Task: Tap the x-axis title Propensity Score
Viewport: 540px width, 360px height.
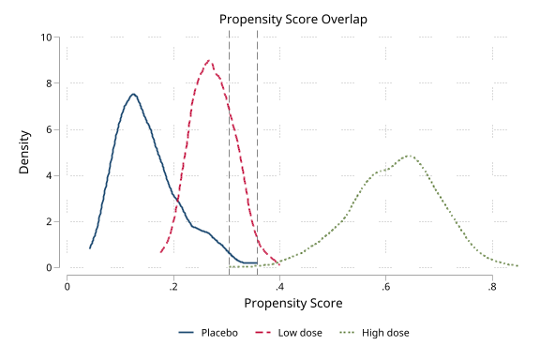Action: (292, 304)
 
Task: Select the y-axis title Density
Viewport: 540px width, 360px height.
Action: (24, 153)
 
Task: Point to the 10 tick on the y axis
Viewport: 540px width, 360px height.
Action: (46, 37)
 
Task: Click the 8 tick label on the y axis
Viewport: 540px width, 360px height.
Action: (49, 83)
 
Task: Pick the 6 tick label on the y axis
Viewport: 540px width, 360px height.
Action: (49, 129)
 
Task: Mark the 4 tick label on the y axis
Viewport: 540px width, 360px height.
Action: (49, 175)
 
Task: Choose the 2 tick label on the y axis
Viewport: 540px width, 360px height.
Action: (49, 221)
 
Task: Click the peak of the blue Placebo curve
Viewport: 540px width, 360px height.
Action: (134, 94)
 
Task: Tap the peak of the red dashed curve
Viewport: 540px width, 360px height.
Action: (209, 60)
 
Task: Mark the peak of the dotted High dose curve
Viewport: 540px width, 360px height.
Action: (409, 156)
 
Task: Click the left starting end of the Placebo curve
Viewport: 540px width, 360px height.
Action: (90, 248)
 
